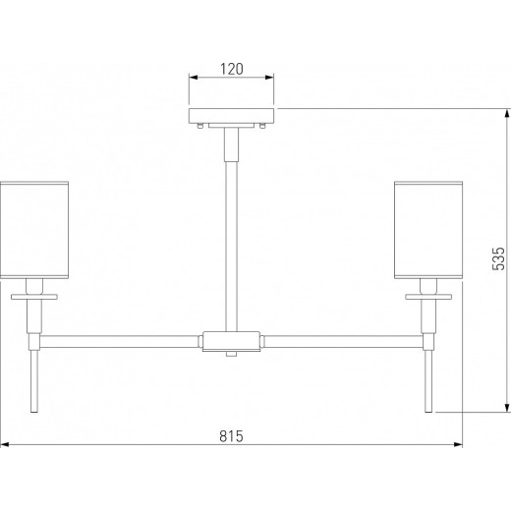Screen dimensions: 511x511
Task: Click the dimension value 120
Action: [x=232, y=69]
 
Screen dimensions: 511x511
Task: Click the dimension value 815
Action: [x=232, y=436]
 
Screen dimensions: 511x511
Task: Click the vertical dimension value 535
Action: [x=498, y=258]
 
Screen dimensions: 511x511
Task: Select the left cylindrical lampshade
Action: [x=34, y=230]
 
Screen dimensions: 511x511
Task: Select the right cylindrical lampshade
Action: [x=428, y=230]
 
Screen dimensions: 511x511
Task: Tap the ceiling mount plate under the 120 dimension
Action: [x=231, y=116]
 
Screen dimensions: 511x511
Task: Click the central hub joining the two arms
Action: [x=231, y=341]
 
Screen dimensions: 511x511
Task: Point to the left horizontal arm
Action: [x=119, y=341]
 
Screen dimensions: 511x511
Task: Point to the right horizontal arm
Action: [x=343, y=341]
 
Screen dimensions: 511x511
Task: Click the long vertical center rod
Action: [x=231, y=247]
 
